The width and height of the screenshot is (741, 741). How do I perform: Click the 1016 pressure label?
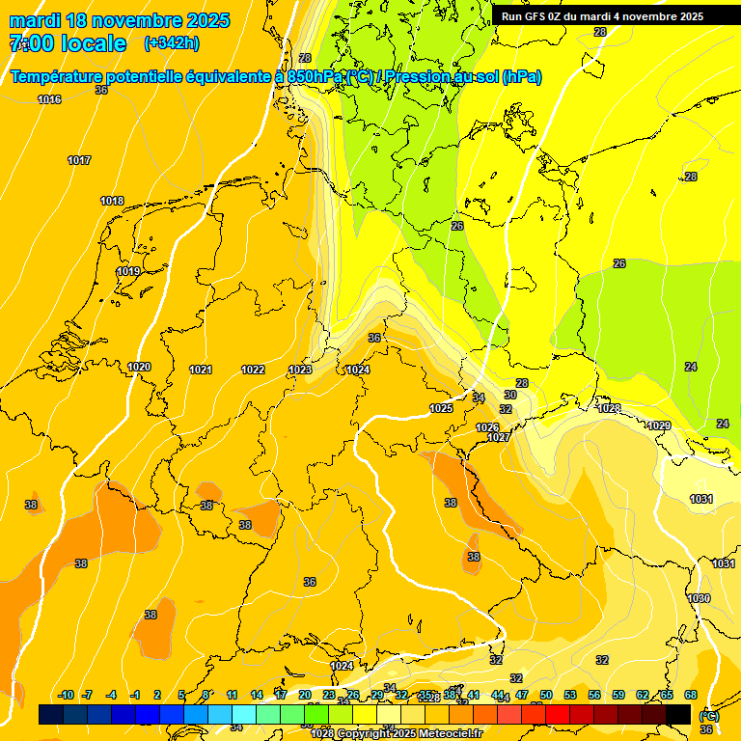[x=49, y=99]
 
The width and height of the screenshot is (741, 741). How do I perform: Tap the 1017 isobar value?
[x=79, y=160]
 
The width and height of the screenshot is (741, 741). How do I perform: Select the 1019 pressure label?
[x=128, y=272]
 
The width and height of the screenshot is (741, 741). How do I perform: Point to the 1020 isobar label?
[x=139, y=367]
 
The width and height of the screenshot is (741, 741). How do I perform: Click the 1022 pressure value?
[x=253, y=370]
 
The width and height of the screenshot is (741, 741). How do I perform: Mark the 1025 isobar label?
[x=441, y=408]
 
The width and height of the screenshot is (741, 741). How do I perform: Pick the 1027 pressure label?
[x=498, y=437]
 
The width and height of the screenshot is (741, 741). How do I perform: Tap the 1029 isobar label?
[x=659, y=425]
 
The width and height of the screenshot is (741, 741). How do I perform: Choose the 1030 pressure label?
[x=699, y=598]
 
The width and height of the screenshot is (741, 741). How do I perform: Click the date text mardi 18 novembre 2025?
[x=120, y=20]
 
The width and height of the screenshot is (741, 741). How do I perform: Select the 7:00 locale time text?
[x=68, y=43]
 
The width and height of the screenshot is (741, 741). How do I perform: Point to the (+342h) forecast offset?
[x=172, y=43]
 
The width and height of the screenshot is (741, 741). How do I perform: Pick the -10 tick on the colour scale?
[x=66, y=695]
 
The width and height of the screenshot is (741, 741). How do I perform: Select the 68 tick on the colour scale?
[x=691, y=695]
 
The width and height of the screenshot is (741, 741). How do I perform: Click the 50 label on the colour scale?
[x=546, y=695]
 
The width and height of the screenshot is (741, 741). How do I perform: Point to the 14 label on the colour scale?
[x=257, y=695]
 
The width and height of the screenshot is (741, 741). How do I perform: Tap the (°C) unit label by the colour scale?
[x=709, y=715]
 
